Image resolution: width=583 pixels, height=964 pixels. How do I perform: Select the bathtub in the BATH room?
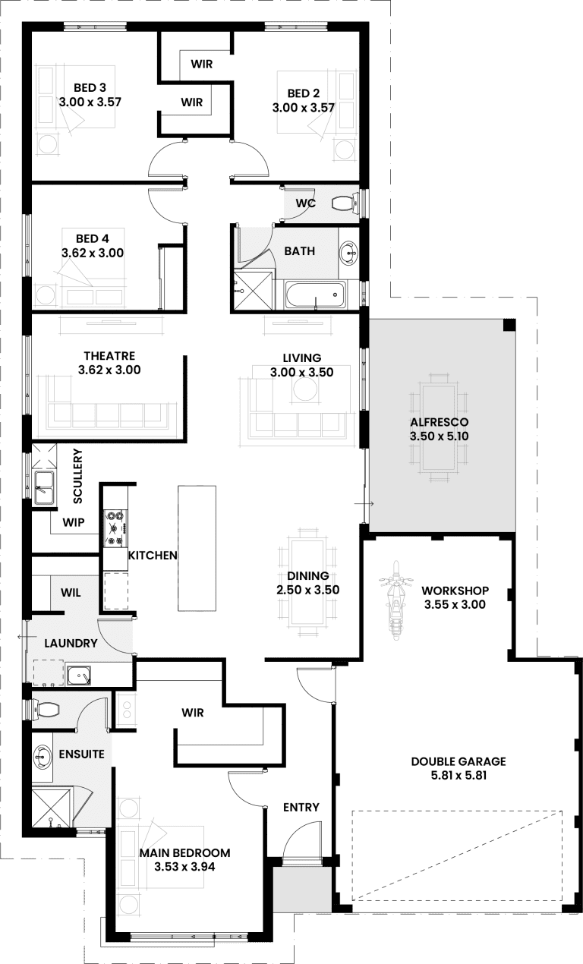click(x=314, y=295)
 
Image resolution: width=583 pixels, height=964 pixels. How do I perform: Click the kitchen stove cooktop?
click(x=115, y=527)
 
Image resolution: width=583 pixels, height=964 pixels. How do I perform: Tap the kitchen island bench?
click(x=197, y=547)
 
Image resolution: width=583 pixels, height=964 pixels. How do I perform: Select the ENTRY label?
click(x=301, y=807)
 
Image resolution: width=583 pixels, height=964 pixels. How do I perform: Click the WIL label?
click(x=69, y=591)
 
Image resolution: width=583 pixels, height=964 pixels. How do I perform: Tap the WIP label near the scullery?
click(x=74, y=522)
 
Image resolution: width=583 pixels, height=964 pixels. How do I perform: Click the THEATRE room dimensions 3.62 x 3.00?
click(x=109, y=370)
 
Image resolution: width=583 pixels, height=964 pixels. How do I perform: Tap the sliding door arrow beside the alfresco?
click(x=367, y=504)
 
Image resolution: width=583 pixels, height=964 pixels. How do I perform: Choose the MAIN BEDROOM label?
click(x=184, y=853)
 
